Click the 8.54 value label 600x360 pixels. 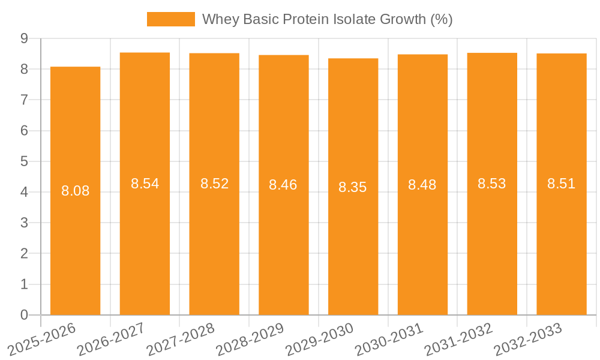point(145,184)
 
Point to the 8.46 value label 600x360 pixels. point(283,185)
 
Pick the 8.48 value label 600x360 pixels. point(422,185)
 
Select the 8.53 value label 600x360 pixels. point(492,184)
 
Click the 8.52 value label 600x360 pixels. point(215,184)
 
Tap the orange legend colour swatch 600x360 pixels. point(171,19)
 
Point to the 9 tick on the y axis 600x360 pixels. point(25,38)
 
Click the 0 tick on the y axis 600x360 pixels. point(25,315)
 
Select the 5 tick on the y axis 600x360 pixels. point(25,161)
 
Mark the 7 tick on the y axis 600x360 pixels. point(25,100)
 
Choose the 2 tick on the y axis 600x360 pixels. point(25,254)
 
